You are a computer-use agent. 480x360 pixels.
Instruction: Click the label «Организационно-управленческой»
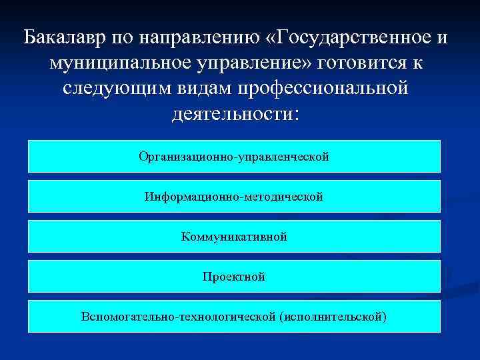(234, 157)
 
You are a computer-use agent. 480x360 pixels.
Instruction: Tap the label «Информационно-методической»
(234, 197)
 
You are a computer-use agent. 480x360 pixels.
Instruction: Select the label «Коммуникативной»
(234, 237)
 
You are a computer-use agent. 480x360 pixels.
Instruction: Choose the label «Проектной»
(234, 276)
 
